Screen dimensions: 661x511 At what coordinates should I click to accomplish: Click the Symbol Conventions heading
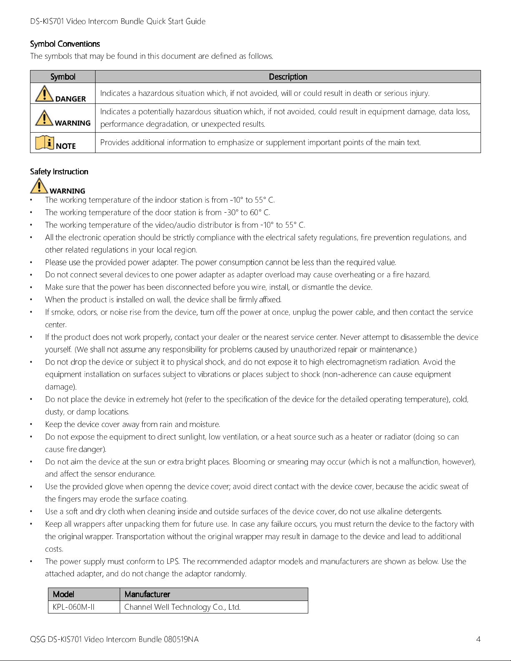click(x=65, y=44)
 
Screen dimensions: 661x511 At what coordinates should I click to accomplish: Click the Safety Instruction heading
click(x=59, y=171)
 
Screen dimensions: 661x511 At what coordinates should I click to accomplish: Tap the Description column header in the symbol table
click(x=288, y=77)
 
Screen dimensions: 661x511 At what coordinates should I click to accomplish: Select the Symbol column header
click(x=63, y=77)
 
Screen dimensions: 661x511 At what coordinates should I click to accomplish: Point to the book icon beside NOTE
click(x=44, y=143)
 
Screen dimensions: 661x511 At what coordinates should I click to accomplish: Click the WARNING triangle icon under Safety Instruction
click(x=38, y=186)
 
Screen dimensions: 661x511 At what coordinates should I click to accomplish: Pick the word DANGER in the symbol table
click(x=70, y=99)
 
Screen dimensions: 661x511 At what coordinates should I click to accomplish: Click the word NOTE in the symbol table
click(x=66, y=146)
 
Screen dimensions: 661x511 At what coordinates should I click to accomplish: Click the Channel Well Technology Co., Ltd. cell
click(x=182, y=607)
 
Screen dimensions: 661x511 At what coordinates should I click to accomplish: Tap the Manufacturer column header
click(x=147, y=594)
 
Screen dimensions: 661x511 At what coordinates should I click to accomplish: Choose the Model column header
click(x=63, y=594)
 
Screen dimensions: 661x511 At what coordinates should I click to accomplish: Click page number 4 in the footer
click(x=478, y=639)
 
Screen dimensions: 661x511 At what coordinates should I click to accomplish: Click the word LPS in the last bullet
click(x=173, y=561)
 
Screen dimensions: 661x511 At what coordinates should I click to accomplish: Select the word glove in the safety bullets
click(x=114, y=487)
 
